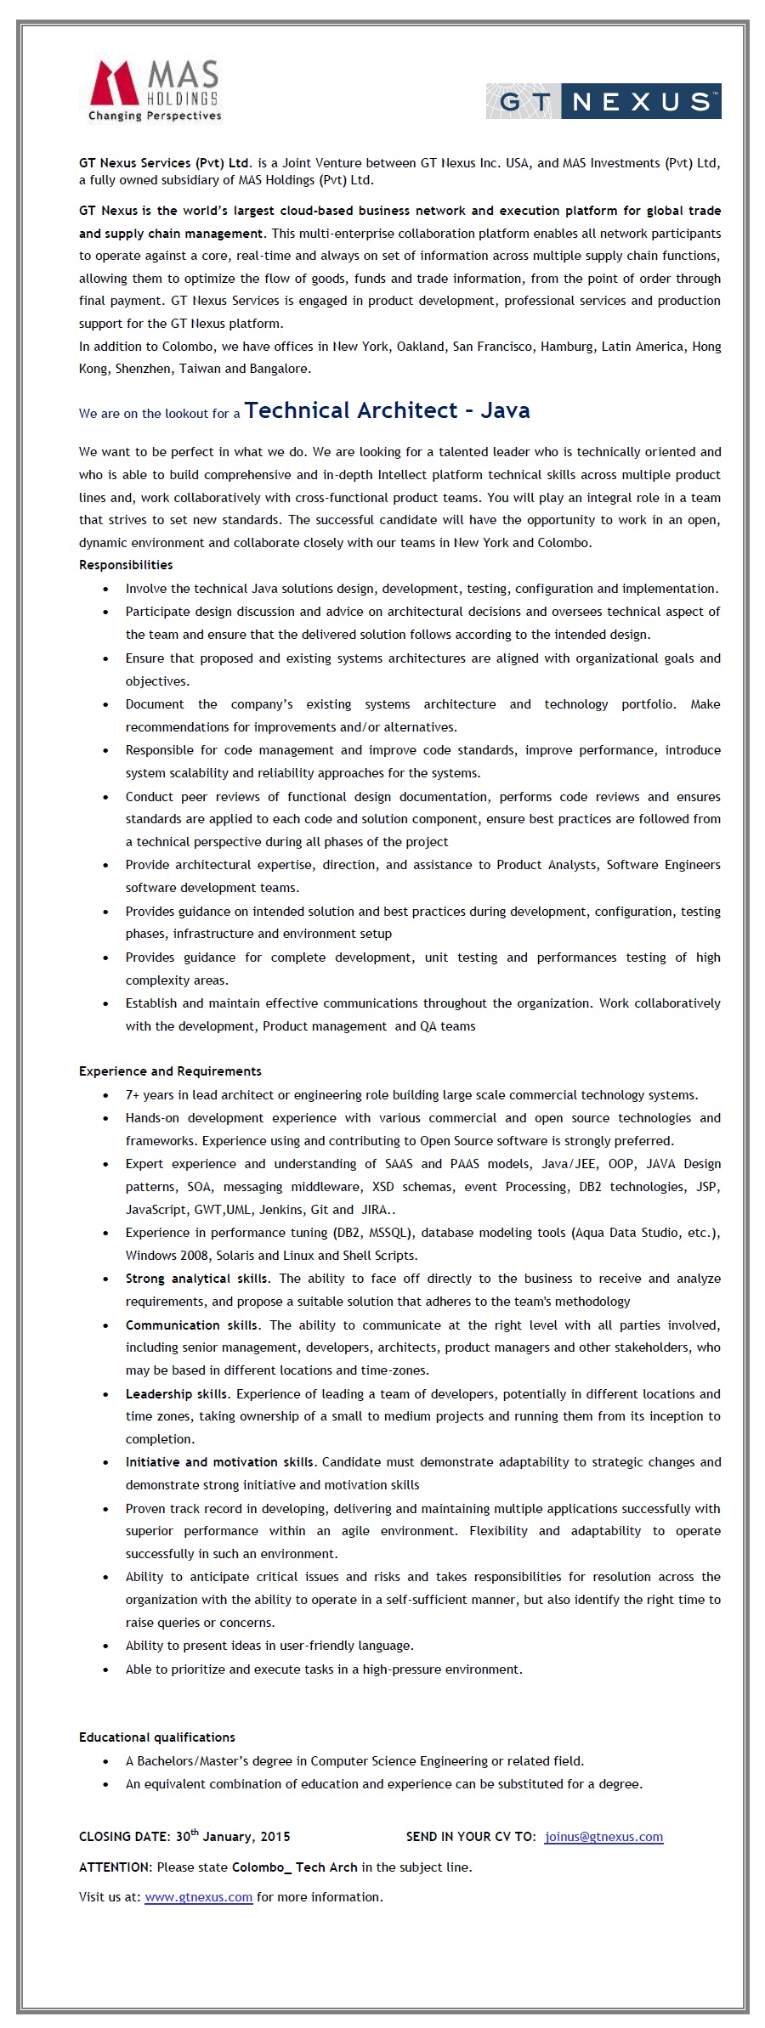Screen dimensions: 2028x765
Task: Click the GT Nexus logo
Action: (x=603, y=102)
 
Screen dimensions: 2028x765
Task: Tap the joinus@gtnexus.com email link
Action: (x=603, y=1837)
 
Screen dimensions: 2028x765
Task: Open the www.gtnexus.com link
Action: (x=199, y=1896)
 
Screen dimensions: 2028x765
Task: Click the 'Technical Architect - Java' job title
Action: (x=387, y=411)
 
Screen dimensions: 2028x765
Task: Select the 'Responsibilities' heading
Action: (x=126, y=565)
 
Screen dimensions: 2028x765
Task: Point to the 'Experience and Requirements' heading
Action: (x=170, y=1071)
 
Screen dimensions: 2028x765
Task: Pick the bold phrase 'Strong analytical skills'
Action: (x=197, y=1279)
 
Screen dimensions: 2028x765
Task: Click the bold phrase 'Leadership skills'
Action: (x=177, y=1394)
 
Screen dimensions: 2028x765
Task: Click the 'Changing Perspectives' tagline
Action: (x=155, y=116)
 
